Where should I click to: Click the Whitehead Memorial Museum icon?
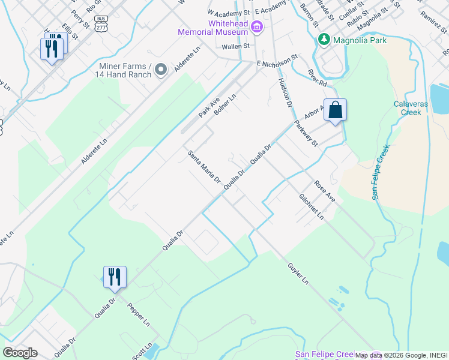click(257, 26)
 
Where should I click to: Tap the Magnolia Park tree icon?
click(324, 40)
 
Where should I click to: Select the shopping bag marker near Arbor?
click(336, 110)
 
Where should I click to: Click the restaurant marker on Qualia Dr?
click(115, 277)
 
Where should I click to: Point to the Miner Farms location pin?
click(160, 70)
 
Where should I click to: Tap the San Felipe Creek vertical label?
click(380, 172)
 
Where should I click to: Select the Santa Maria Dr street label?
click(204, 167)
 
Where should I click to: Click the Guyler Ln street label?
click(297, 272)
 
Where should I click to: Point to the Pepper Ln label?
click(139, 315)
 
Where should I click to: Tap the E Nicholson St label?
click(277, 61)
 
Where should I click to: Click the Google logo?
click(20, 353)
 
